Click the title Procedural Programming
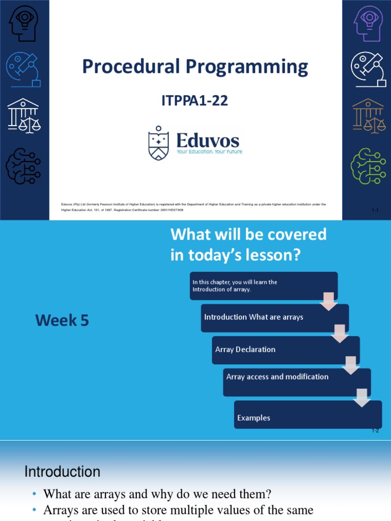[x=195, y=67]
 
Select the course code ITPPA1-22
[x=194, y=101]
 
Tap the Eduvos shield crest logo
[x=158, y=143]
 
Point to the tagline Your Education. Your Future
[x=209, y=152]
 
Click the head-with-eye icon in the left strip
[x=23, y=23]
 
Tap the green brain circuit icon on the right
[x=368, y=165]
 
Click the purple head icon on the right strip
[x=368, y=23]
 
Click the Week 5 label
[x=62, y=320]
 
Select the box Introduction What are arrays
[x=275, y=317]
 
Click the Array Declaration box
[x=285, y=350]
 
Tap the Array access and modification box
[x=297, y=377]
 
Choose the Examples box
[x=308, y=418]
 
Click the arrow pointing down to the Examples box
[x=362, y=397]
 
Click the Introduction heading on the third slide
[x=62, y=472]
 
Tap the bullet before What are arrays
[x=34, y=494]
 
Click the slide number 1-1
[x=375, y=210]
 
